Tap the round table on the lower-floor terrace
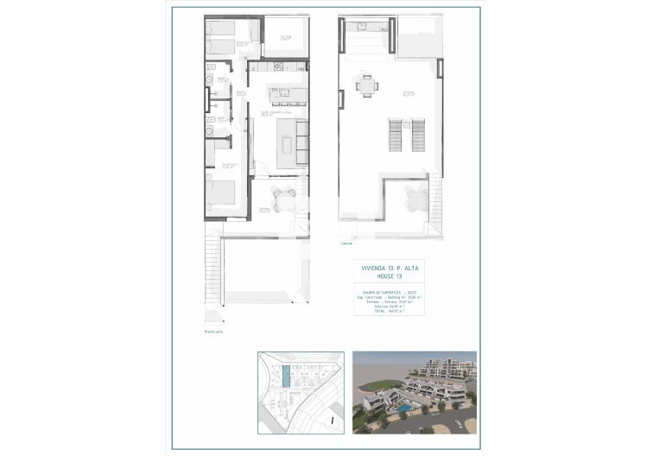coord(279,195)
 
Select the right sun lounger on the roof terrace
coord(419,133)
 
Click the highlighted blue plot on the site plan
coord(286,378)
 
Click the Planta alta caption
coord(212,331)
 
